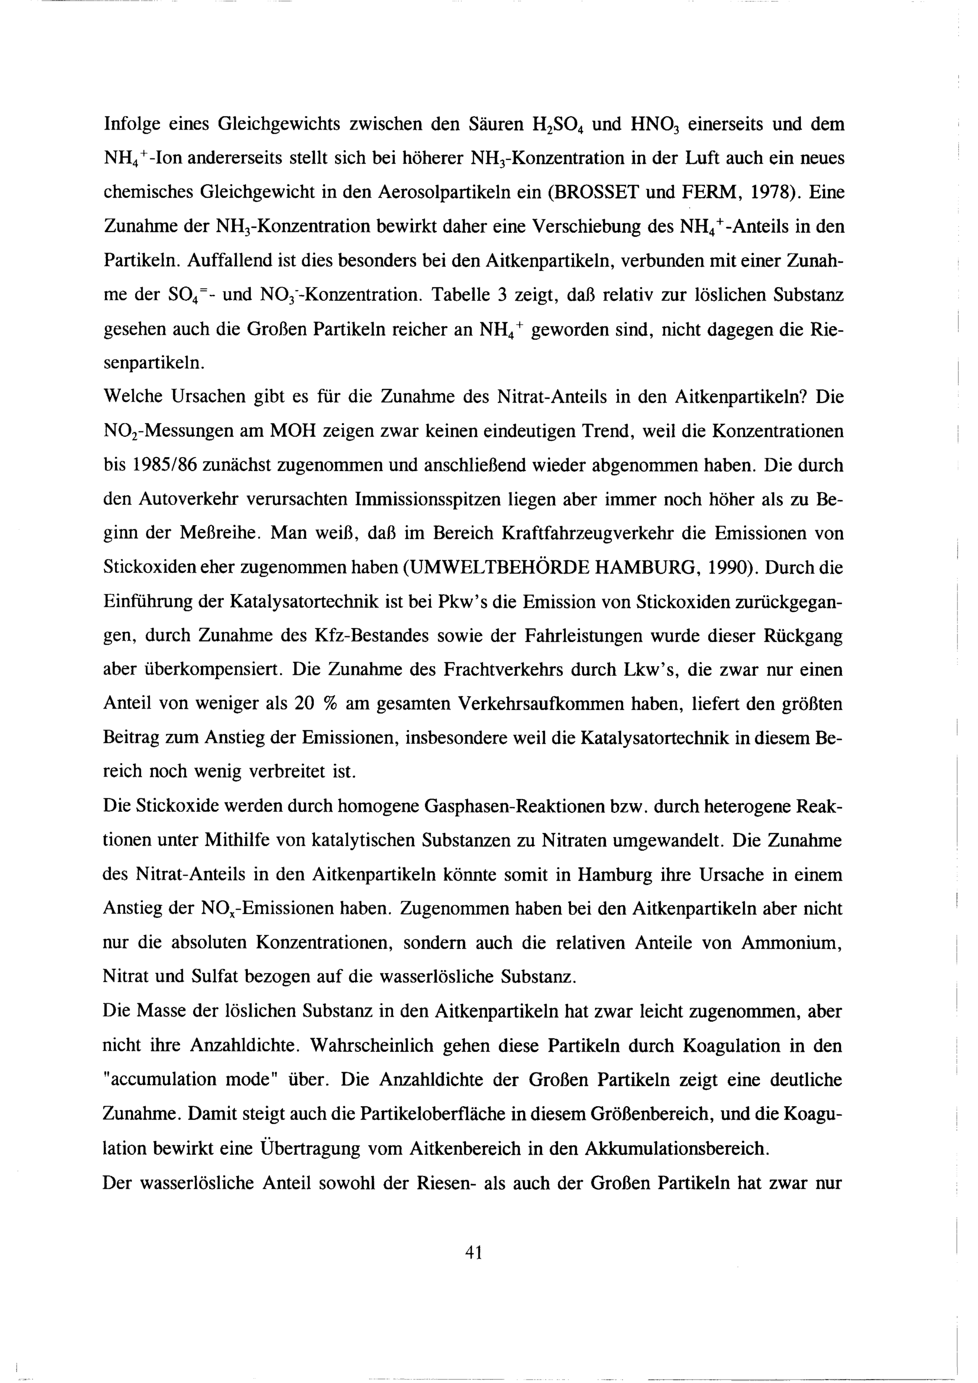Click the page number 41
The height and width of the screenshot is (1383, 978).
(x=474, y=1253)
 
